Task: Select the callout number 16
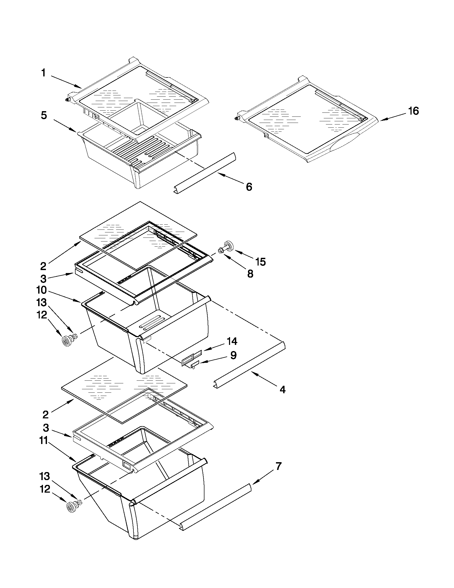414,111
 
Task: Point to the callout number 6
249,187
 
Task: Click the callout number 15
260,262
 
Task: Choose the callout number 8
250,274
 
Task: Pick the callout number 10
42,290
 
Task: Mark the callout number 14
232,341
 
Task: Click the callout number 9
233,355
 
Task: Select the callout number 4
282,389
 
